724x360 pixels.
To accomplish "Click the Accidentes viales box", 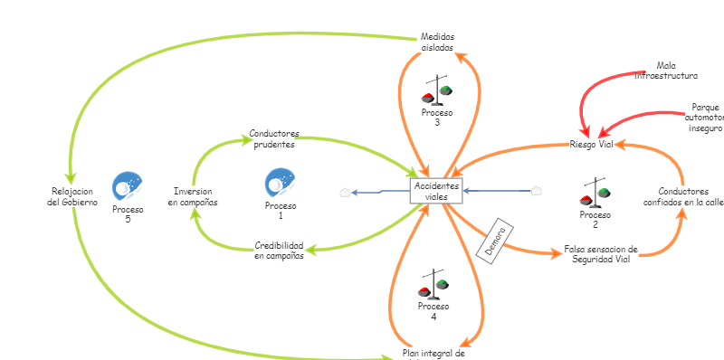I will click(436, 191).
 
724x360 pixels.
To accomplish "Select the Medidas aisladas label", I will click(437, 42).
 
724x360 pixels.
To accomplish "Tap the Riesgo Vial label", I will click(592, 145).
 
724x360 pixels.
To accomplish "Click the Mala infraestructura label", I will click(665, 71).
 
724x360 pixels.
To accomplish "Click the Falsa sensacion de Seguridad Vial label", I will click(601, 253).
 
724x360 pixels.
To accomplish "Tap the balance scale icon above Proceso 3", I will click(439, 91).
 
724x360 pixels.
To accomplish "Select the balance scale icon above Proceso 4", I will click(433, 285).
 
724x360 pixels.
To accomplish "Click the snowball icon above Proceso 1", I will click(280, 183).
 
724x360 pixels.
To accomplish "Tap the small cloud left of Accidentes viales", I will click(344, 192).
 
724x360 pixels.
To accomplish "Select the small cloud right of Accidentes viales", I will click(536, 191).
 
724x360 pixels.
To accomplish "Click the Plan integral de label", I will click(433, 353).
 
